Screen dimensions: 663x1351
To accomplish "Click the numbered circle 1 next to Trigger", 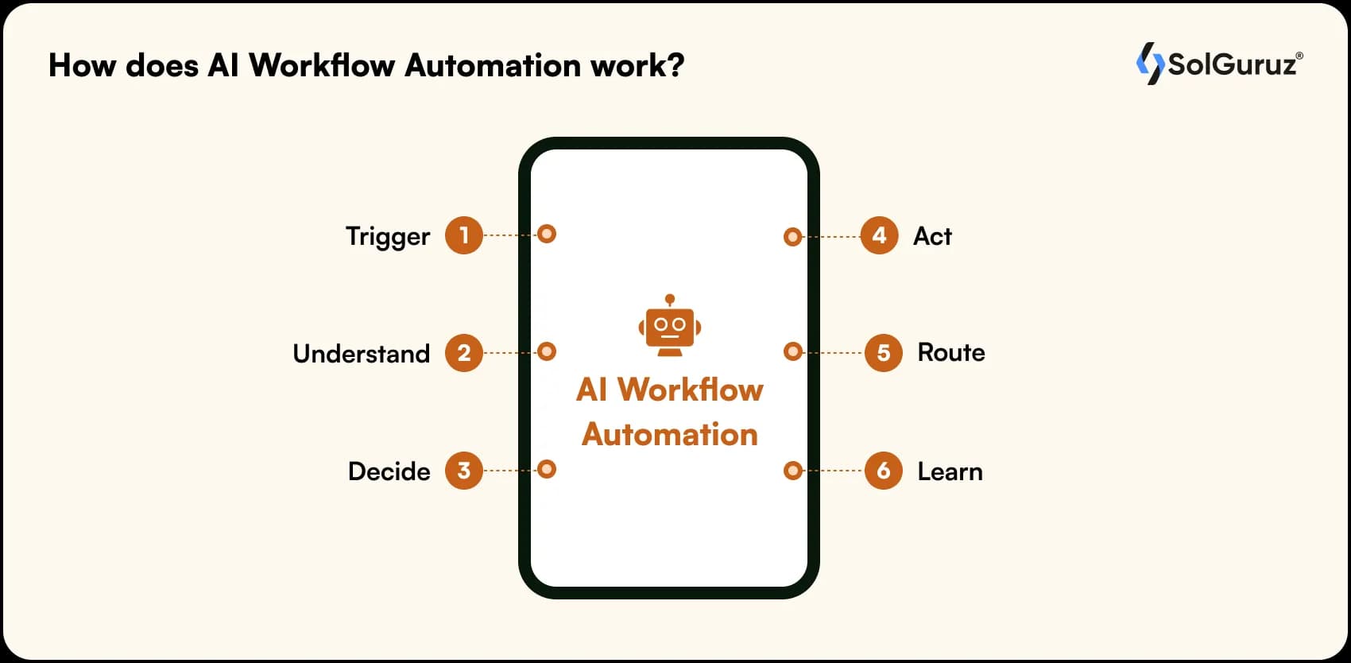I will [x=464, y=235].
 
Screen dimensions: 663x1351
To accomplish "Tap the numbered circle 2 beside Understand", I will [x=464, y=353].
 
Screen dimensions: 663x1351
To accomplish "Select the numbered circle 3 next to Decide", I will [x=464, y=471].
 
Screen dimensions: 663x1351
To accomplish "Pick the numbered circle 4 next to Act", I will [x=879, y=235].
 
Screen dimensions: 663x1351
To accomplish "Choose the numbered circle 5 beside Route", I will [x=883, y=353].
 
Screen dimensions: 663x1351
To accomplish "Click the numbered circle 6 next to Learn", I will [x=883, y=471].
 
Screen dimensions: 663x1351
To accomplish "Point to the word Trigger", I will [x=387, y=237].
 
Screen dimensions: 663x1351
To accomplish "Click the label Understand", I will [x=361, y=354].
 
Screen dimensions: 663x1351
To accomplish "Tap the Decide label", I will [x=389, y=471].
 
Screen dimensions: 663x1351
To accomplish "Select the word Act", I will [x=932, y=236].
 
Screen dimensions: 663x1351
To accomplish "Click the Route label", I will [x=950, y=352].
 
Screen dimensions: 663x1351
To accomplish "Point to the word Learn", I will [x=950, y=471].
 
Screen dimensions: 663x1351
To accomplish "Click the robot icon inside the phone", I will [x=670, y=326].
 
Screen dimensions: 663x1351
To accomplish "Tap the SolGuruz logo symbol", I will [x=1149, y=64].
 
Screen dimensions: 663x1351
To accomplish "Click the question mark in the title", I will [x=675, y=65].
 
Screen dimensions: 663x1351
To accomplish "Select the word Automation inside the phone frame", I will [x=670, y=435].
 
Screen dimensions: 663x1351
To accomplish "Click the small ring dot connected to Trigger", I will [x=547, y=234].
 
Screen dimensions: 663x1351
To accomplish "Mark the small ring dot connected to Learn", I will [x=792, y=471].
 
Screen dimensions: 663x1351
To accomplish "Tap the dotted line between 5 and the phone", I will [x=834, y=352].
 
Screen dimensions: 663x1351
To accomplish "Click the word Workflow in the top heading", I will [x=322, y=65].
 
